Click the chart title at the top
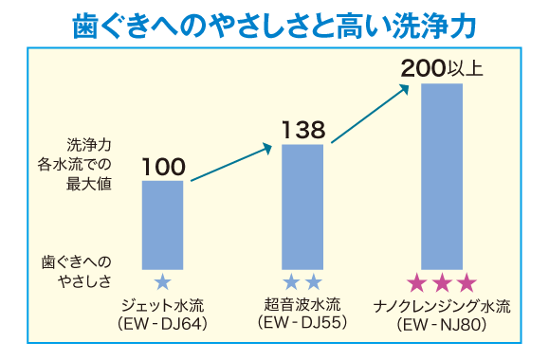click(x=274, y=27)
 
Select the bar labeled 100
click(x=163, y=224)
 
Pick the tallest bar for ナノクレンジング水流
click(x=441, y=176)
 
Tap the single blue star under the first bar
click(x=163, y=282)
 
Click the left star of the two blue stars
click(x=292, y=282)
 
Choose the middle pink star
click(x=441, y=283)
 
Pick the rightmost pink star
click(x=465, y=283)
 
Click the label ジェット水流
click(x=163, y=306)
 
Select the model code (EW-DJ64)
click(x=163, y=325)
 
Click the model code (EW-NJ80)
click(x=442, y=325)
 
